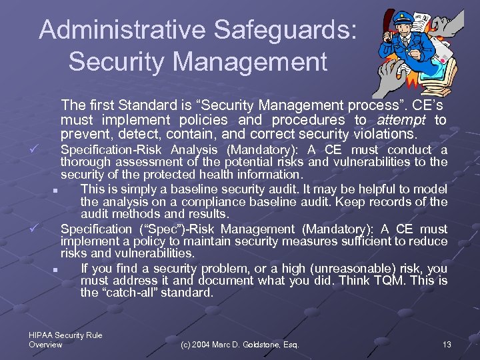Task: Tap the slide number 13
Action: [x=447, y=344]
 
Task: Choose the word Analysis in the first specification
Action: [x=194, y=150]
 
